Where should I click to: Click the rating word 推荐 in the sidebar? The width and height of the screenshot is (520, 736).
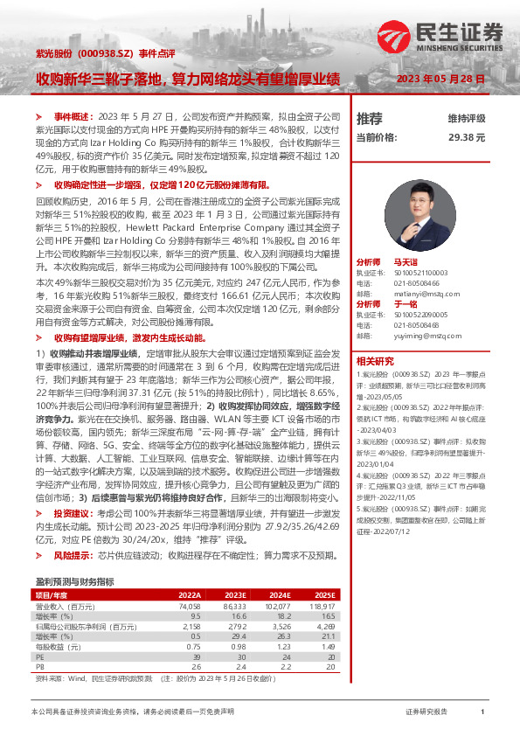(370, 118)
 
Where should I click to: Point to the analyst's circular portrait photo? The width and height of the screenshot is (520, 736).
(411, 206)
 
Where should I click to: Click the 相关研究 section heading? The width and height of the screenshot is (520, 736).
(375, 360)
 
